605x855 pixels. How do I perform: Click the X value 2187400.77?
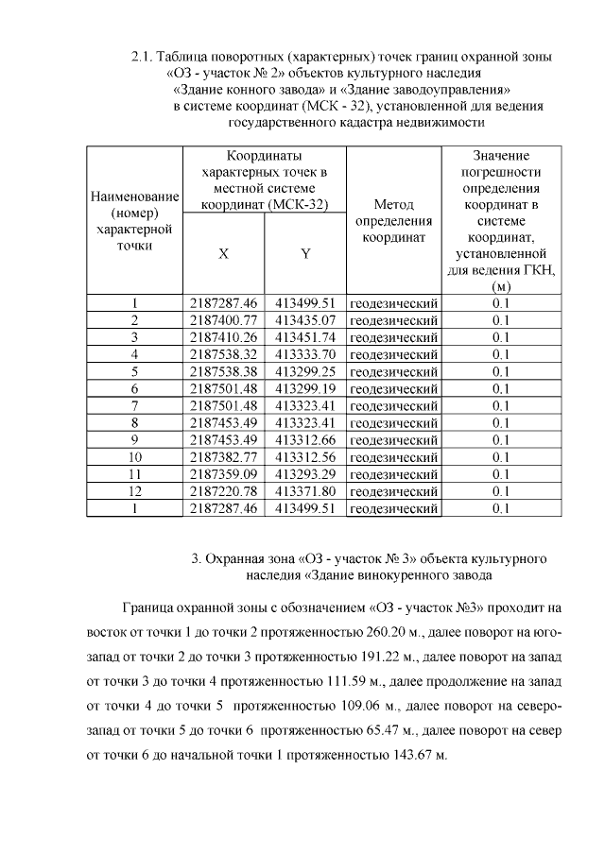pyautogui.click(x=223, y=321)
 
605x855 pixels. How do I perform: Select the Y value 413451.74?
pyautogui.click(x=305, y=338)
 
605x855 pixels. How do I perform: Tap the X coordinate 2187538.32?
pyautogui.click(x=223, y=355)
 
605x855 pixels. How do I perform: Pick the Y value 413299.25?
pyautogui.click(x=305, y=372)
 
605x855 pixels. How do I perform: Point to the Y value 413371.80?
pyautogui.click(x=305, y=491)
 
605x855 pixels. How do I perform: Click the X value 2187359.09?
pyautogui.click(x=223, y=474)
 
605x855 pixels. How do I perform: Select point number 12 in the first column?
pyautogui.click(x=134, y=491)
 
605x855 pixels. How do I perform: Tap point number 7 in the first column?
pyautogui.click(x=134, y=406)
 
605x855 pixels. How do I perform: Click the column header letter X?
pyautogui.click(x=223, y=254)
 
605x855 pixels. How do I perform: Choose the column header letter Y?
pyautogui.click(x=305, y=254)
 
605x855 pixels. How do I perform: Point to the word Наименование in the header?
pyautogui.click(x=134, y=196)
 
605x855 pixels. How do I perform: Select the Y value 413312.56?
pyautogui.click(x=305, y=457)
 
